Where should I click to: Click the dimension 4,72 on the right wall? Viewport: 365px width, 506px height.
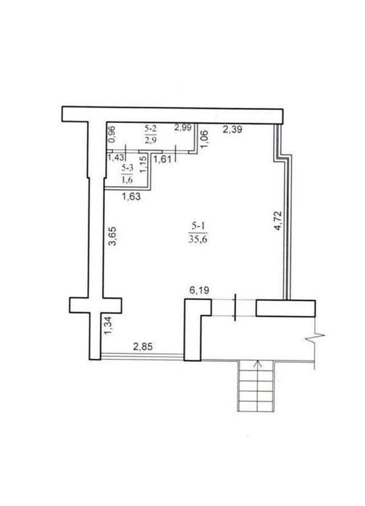(277, 221)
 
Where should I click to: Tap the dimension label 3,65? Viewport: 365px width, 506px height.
(112, 237)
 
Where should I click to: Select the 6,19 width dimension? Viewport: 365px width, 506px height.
(199, 290)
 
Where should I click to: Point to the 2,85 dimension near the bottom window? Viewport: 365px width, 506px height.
(143, 347)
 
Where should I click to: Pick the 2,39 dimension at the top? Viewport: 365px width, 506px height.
(232, 130)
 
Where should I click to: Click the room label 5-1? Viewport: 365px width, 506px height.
(198, 226)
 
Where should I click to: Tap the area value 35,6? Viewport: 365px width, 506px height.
(198, 240)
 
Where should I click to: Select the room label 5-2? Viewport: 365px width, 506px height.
(151, 129)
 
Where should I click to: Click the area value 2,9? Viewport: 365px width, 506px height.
(151, 140)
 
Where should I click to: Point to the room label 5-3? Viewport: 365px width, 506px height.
(127, 168)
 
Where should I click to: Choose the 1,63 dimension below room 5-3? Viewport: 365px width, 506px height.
(131, 196)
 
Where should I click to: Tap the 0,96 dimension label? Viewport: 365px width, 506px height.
(112, 134)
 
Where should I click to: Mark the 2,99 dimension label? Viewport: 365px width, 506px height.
(183, 128)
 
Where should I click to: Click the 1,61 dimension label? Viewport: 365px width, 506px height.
(163, 159)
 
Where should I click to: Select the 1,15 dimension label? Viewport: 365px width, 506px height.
(144, 164)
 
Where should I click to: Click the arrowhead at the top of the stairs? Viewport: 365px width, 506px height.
(258, 363)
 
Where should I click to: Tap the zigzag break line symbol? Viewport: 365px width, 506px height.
(315, 338)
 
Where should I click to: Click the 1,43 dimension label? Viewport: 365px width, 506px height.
(116, 158)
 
